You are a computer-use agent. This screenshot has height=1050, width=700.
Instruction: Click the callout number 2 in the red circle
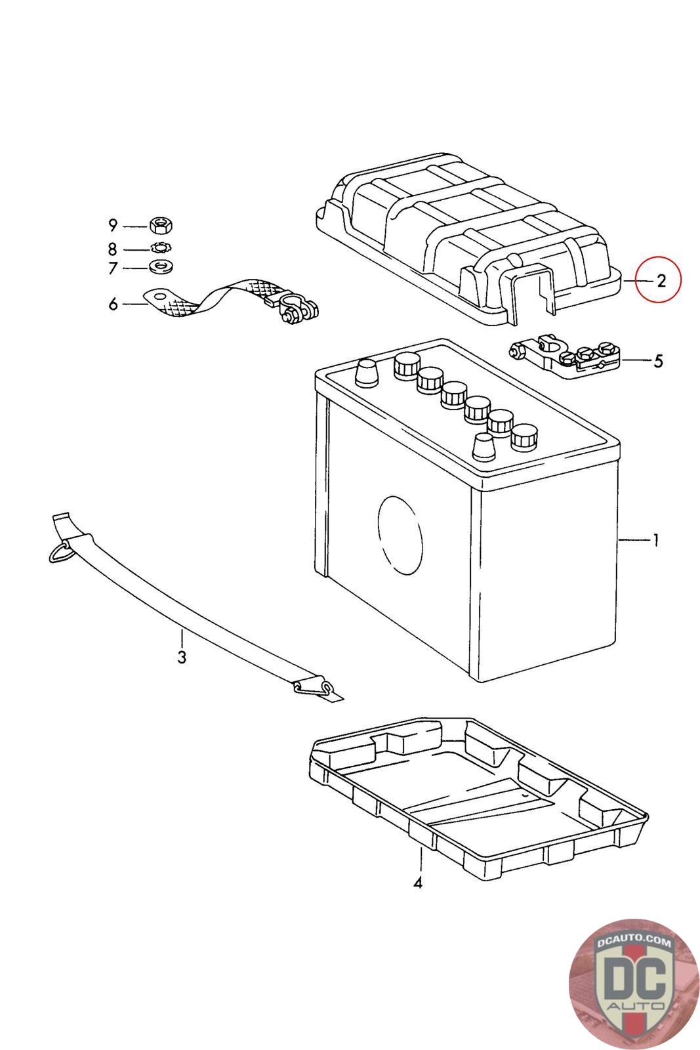(x=661, y=281)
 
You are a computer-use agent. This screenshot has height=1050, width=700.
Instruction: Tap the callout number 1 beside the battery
(x=657, y=540)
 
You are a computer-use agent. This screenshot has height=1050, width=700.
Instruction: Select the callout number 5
(x=658, y=361)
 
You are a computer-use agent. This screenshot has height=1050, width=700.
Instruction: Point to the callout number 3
(x=182, y=657)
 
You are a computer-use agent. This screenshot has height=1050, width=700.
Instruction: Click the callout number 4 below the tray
(x=418, y=883)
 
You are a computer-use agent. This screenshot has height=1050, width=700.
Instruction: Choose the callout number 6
(x=113, y=304)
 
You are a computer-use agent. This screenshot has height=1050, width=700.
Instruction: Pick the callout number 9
(x=113, y=226)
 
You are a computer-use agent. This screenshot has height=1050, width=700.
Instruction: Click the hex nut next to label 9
(x=161, y=226)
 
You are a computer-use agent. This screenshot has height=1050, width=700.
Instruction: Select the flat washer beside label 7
(x=161, y=267)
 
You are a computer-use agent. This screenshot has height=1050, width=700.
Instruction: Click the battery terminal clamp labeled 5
(x=565, y=357)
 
